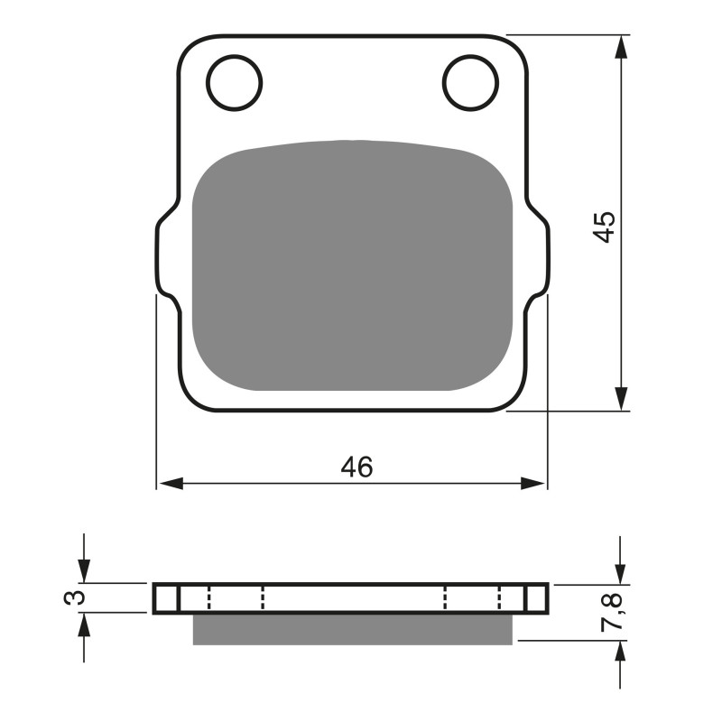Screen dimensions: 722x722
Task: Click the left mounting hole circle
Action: coord(234,82)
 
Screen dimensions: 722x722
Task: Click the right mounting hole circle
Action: coord(470,82)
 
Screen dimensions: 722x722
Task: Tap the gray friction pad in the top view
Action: coord(353,266)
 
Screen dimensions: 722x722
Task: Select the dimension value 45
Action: coord(605,226)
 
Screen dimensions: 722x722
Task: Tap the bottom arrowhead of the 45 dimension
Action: coord(621,399)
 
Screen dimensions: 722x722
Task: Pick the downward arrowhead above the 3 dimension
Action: coord(84,571)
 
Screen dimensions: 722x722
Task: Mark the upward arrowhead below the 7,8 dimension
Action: coord(621,653)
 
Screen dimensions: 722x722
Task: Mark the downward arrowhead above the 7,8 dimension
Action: coord(621,572)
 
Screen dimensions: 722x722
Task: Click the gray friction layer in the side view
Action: coord(353,629)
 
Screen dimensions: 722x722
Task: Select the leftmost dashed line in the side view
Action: coord(208,598)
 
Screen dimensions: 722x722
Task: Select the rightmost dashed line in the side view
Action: coord(499,598)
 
